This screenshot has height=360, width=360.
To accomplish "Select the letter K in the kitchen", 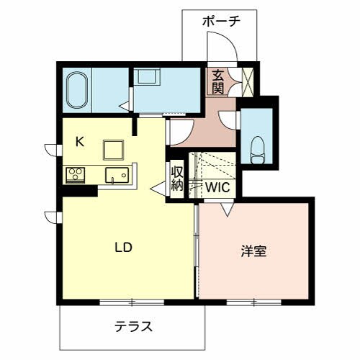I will coord(80,141).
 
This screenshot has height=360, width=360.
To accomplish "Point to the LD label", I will coord(124,247).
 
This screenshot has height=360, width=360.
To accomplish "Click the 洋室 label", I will coord(253,251).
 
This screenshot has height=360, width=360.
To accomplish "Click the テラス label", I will coord(133,326).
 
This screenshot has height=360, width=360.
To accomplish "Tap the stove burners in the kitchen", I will coord(76,174).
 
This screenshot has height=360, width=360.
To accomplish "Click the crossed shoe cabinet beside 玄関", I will coord(248,81).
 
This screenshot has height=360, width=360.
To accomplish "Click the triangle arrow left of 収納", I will coord(158,188).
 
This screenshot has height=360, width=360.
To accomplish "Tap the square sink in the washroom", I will coord(149,76).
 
